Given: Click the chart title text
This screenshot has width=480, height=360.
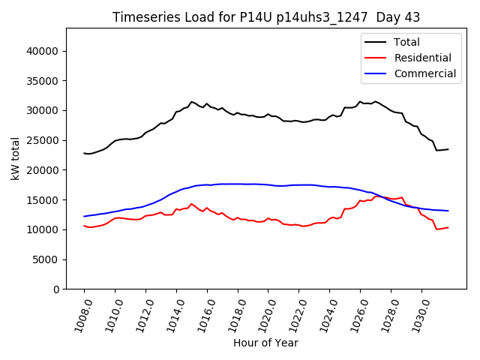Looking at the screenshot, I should pos(266,17).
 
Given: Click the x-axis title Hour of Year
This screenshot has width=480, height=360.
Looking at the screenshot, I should pos(265,343).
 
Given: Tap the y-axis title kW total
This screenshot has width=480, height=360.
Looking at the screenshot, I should pos(15,158).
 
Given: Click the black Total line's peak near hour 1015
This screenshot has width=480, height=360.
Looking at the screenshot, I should pos(191,101).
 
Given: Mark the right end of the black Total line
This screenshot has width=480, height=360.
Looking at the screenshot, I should pos(448,149).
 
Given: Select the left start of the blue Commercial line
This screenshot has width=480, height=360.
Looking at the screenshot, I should pos(84,216).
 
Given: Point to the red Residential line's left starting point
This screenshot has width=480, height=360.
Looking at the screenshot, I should pos(84,226).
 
